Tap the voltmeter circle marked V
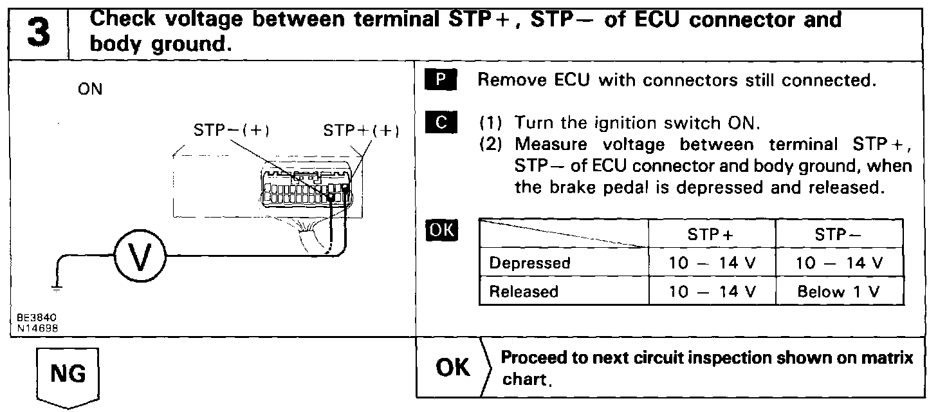[x=140, y=257]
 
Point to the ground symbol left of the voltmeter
[x=57, y=288]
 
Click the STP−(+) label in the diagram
[x=232, y=131]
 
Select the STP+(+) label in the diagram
[x=362, y=131]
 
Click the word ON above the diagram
[x=90, y=89]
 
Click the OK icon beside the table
[x=441, y=230]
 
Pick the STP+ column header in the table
[x=710, y=235]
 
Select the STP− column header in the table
[x=839, y=235]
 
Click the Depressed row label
[x=529, y=263]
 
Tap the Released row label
[x=524, y=292]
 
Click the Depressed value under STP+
[x=712, y=263]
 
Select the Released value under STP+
[x=712, y=292]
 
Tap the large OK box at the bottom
[x=454, y=368]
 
